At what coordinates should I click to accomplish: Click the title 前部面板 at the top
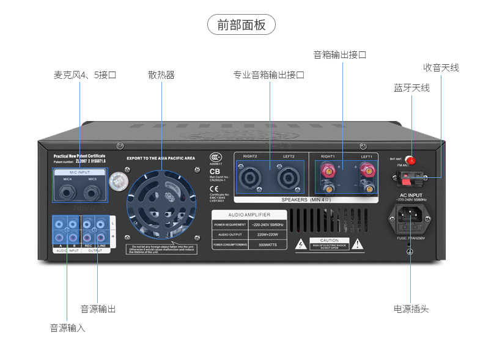[x=242, y=25]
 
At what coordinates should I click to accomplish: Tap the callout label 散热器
[x=161, y=75]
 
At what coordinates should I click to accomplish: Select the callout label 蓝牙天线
[x=411, y=88]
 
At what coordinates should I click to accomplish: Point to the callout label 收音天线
[x=441, y=68]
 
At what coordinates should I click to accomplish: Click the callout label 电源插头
[x=411, y=309]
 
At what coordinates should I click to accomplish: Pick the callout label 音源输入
[x=67, y=328]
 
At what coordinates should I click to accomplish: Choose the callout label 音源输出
[x=98, y=309]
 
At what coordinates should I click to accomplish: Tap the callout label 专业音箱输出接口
[x=268, y=75]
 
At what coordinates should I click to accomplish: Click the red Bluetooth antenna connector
[x=411, y=161]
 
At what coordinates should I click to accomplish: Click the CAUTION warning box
[x=330, y=243]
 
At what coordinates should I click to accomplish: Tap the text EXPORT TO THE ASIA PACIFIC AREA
[x=161, y=158]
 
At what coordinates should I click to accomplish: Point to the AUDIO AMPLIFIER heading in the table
[x=249, y=215]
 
